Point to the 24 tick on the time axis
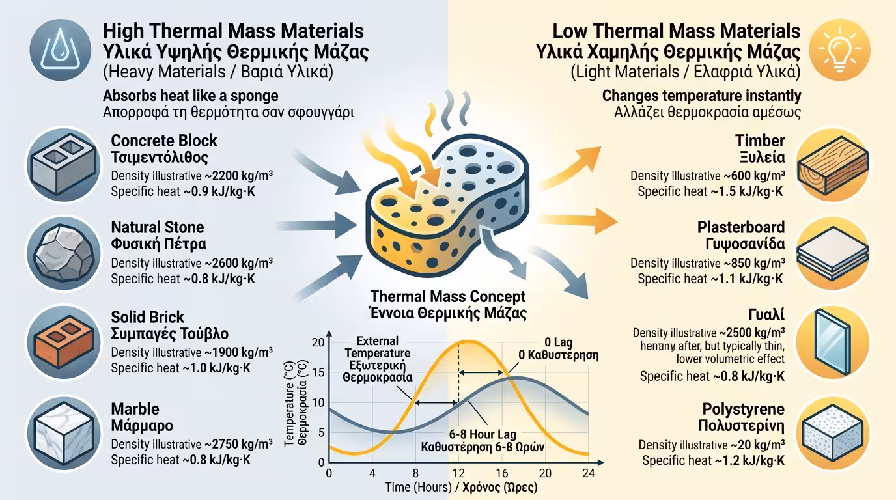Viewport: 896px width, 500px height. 588,473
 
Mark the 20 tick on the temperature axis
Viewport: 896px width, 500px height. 318,343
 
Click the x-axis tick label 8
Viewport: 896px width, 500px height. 415,473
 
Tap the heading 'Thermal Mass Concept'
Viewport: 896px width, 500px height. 448,297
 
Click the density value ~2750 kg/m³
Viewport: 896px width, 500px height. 238,444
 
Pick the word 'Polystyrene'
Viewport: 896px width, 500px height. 743,410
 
